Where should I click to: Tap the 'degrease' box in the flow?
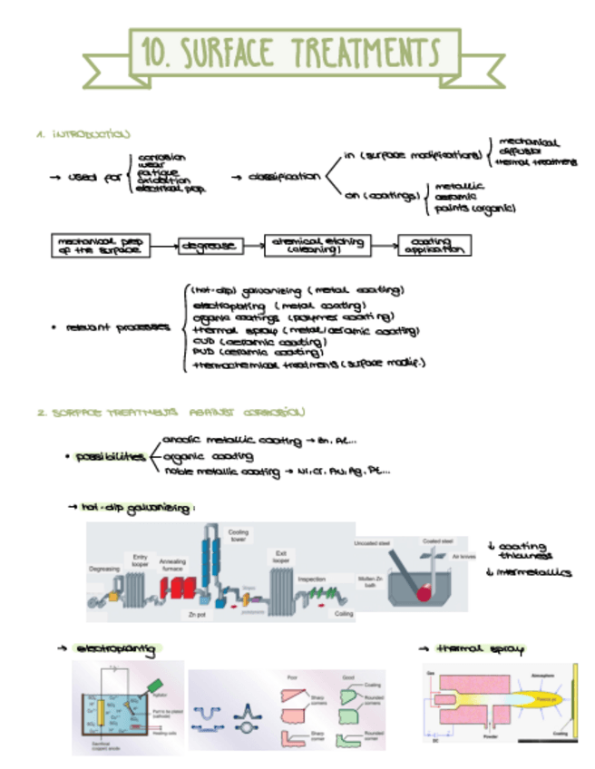click(209, 245)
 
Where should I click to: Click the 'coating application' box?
click(434, 245)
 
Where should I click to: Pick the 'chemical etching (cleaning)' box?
click(317, 245)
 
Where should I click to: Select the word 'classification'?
click(286, 177)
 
